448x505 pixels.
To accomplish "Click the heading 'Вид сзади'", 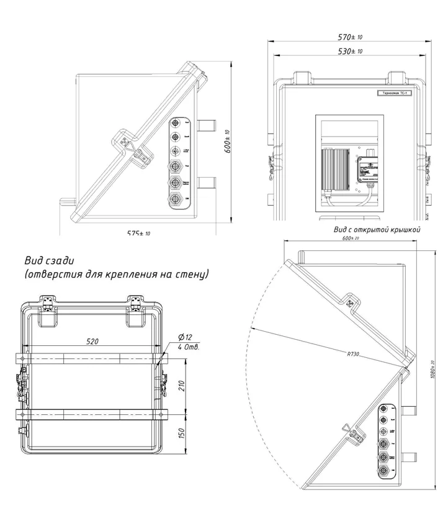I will click(50, 260).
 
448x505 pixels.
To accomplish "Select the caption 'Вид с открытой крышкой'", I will click(377, 230).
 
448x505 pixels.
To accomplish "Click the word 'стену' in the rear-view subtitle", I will click(190, 273).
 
